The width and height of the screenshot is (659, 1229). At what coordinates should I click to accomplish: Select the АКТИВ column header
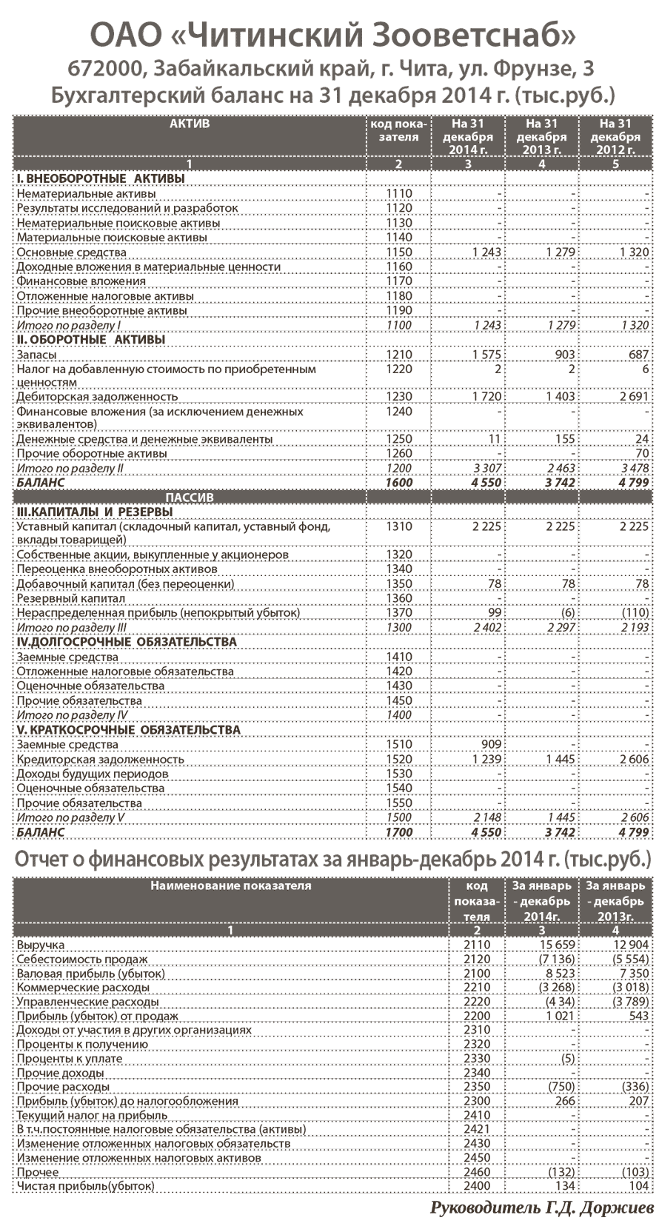pos(190,124)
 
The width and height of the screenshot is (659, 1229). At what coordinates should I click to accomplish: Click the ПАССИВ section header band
pos(190,497)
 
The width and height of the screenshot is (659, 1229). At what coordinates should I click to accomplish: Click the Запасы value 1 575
pos(486,355)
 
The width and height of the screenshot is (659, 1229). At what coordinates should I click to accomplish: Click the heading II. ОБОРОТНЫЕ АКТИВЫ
pos(90,340)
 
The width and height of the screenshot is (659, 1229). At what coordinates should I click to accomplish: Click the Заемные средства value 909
pos(491,745)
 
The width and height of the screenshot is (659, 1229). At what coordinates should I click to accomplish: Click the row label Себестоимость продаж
pos(82,960)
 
